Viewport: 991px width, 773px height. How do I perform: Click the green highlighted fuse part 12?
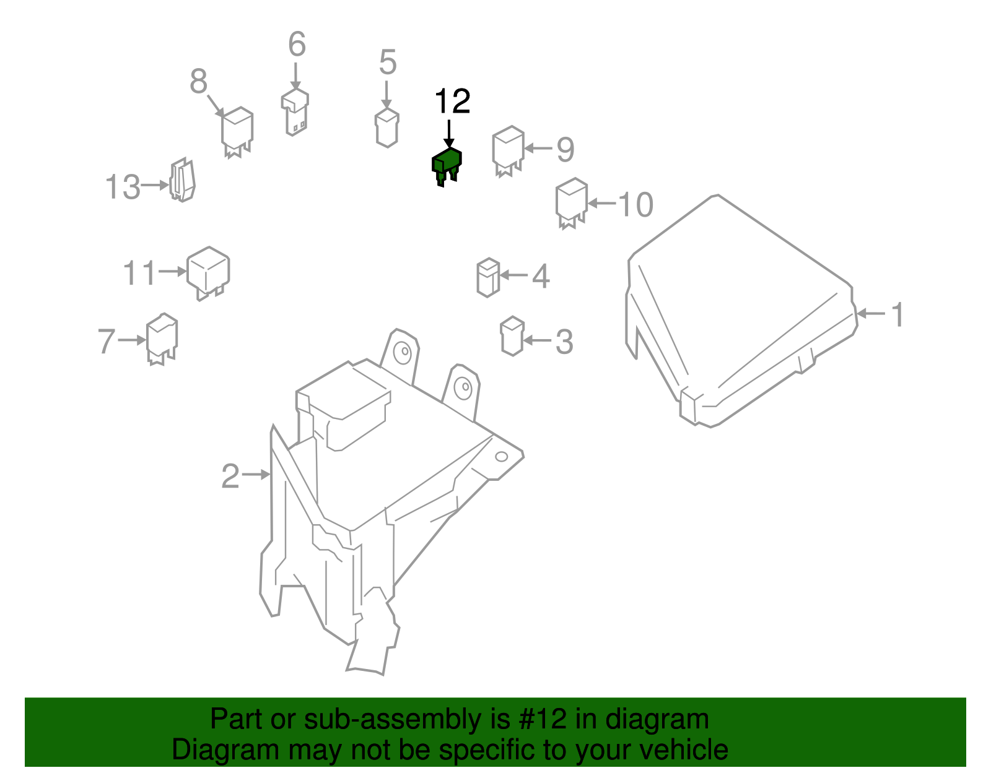click(x=447, y=164)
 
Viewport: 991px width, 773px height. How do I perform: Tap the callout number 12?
click(x=452, y=101)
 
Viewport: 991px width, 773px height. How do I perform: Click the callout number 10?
click(x=635, y=205)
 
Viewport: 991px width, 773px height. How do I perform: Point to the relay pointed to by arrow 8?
click(x=237, y=131)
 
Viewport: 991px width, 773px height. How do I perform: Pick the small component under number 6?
click(x=295, y=111)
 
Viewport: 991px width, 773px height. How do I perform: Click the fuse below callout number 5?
click(x=386, y=127)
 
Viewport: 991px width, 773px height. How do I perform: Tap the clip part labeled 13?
click(x=182, y=180)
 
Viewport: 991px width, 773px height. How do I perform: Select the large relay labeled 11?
click(x=208, y=271)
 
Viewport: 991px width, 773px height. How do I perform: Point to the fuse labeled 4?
click(x=488, y=277)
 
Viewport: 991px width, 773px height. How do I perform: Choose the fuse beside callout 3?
click(x=512, y=335)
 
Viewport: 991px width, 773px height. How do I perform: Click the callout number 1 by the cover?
click(x=897, y=315)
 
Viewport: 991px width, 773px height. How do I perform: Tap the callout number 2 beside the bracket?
click(x=230, y=477)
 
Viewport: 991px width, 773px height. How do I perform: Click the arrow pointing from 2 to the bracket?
click(x=256, y=475)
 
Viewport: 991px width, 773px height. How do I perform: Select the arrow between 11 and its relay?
click(x=172, y=271)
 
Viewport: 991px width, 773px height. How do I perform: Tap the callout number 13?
click(x=123, y=187)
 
